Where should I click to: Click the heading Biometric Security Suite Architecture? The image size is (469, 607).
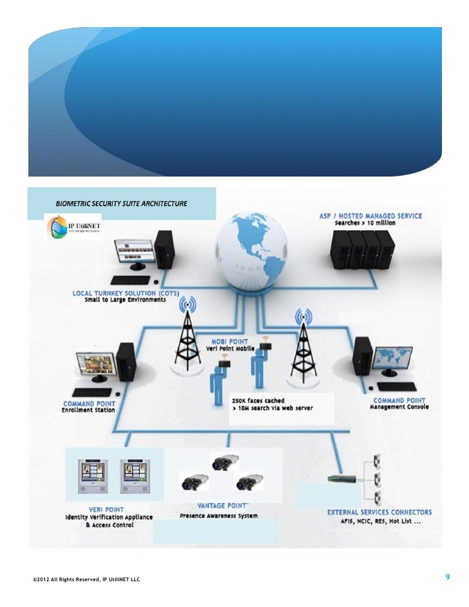click(x=122, y=204)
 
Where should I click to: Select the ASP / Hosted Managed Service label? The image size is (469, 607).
click(x=370, y=216)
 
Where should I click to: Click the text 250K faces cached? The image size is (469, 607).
click(x=258, y=401)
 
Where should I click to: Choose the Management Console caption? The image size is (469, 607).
click(x=399, y=407)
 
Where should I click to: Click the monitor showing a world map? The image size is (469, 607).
click(x=396, y=361)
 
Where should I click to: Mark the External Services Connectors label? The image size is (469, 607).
click(x=379, y=512)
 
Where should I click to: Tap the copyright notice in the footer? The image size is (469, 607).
click(x=86, y=580)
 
